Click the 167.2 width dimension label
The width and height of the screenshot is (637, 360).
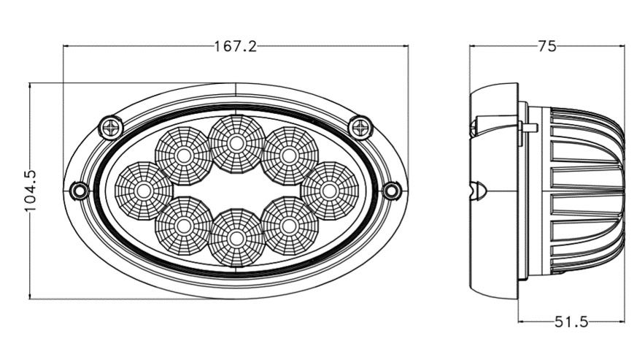(236, 47)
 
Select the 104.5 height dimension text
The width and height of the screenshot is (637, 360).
(31, 191)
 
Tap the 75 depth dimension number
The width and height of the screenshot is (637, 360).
(547, 46)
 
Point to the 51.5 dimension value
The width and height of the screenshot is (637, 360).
(571, 322)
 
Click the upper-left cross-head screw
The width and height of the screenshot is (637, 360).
(111, 128)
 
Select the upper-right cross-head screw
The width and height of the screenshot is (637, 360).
(360, 128)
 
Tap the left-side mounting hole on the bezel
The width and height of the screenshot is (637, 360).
(80, 191)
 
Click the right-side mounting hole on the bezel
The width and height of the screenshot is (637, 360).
(392, 191)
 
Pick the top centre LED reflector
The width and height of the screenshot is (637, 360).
(236, 144)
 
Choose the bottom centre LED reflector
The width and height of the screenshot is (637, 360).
(236, 237)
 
